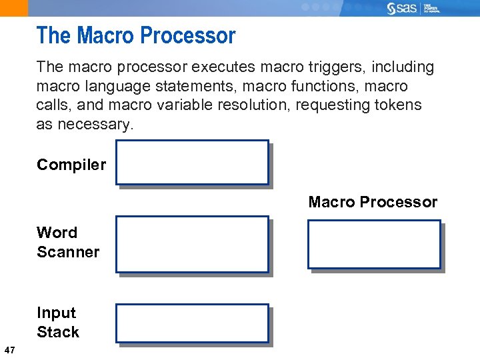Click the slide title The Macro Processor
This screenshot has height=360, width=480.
point(136,35)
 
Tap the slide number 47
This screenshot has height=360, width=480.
point(9,350)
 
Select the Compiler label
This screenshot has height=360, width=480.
point(71,165)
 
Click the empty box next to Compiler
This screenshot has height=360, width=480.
point(192,162)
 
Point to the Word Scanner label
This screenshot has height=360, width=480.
point(67,242)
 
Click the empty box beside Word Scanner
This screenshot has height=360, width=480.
point(192,244)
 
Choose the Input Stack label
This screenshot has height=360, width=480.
point(57,322)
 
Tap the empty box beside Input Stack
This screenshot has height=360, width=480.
point(192,323)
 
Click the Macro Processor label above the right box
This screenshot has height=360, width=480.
point(373,202)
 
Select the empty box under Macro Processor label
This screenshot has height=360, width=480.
point(373,244)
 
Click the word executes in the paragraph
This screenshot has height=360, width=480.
point(225,67)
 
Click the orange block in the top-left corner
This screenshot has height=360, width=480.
point(14,8)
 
